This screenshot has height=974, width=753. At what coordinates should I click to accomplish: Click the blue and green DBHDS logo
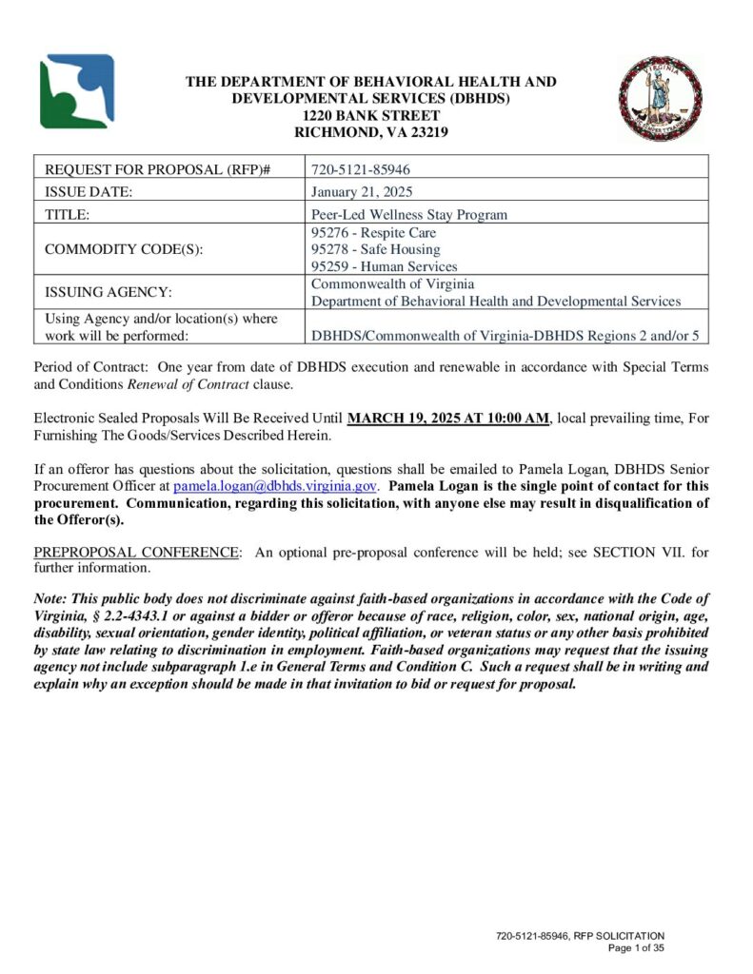pos(76,91)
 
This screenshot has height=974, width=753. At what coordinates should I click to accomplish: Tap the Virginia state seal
pos(660,99)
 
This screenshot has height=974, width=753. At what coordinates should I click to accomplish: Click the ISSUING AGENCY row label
pos(108,293)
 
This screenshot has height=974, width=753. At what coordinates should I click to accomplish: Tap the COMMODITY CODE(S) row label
pos(125,249)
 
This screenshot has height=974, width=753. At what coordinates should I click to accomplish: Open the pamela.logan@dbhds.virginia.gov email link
pos(276,485)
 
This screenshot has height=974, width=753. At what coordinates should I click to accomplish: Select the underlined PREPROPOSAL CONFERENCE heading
pos(135,553)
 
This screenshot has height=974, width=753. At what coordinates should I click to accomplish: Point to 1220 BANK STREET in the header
pos(370,115)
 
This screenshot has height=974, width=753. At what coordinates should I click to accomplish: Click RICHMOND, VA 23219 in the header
pos(370,132)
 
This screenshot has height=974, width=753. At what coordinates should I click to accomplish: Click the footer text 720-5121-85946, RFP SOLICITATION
pos(580,937)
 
